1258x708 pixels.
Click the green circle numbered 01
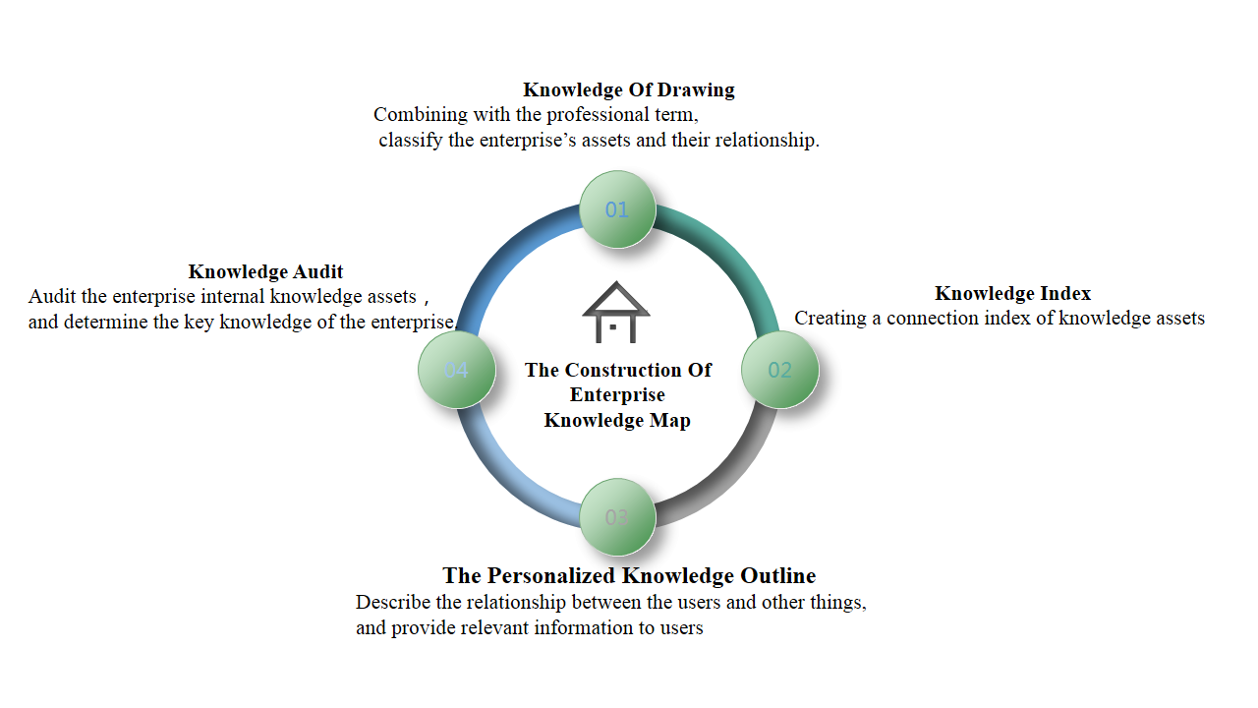(617, 208)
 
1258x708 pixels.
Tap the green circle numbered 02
(779, 370)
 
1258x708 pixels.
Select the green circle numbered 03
(617, 517)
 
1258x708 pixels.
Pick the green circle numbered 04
(456, 370)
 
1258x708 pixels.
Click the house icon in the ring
(616, 312)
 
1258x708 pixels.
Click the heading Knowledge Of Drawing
(629, 90)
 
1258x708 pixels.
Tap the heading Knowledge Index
(1012, 293)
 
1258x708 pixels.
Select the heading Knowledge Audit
(265, 271)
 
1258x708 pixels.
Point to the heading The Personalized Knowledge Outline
(629, 575)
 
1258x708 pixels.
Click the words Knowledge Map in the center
(617, 420)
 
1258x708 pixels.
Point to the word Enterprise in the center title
(617, 394)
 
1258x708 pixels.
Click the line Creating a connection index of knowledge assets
(999, 319)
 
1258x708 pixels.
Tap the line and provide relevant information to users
(530, 627)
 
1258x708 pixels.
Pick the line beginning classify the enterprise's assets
(599, 140)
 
